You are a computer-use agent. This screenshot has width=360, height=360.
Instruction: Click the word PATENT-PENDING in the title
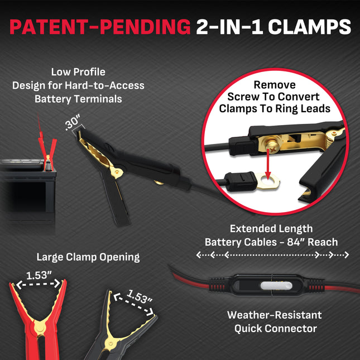[100, 27]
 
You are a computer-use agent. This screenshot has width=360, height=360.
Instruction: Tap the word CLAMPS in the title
[310, 27]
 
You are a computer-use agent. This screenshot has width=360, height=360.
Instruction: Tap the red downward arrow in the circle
[268, 164]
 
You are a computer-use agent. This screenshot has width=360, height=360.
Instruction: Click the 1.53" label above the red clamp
[39, 275]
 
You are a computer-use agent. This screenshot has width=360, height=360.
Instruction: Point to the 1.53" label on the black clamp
[140, 296]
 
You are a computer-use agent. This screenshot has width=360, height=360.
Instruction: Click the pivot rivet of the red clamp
[40, 327]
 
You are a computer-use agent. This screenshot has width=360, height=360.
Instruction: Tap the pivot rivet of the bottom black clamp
[111, 343]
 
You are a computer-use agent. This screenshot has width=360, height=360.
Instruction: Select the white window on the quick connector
[276, 286]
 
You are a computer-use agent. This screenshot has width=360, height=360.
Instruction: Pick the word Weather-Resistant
[275, 315]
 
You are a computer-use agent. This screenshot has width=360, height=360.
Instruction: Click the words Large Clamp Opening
[88, 257]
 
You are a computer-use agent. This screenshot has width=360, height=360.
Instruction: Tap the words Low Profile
[78, 72]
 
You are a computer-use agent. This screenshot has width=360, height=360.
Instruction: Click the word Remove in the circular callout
[275, 85]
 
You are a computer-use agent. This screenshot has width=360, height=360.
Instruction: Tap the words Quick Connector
[276, 328]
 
